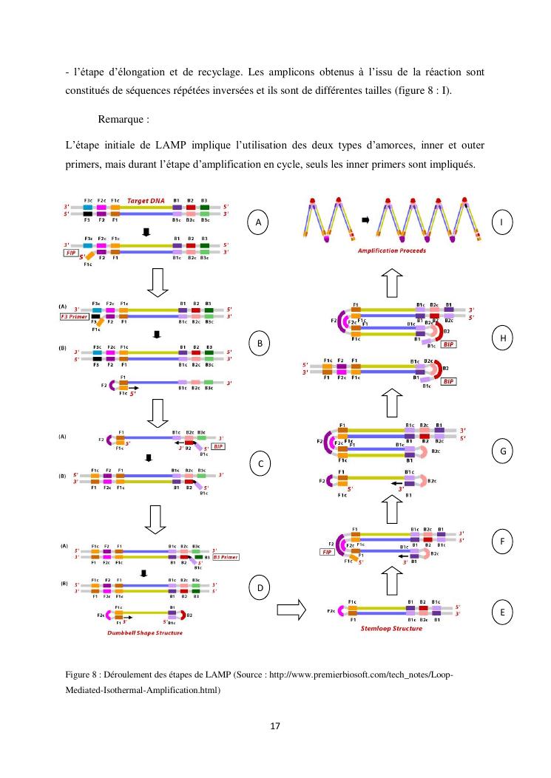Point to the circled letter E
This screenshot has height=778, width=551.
502,612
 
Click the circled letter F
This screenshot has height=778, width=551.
502,542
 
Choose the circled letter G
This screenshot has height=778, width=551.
502,450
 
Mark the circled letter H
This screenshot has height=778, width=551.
502,338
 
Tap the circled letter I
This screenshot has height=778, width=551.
502,222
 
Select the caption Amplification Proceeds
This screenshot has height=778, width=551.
391,250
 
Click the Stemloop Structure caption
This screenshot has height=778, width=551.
391,629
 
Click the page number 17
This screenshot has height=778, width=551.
275,726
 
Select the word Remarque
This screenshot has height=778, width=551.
121,119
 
